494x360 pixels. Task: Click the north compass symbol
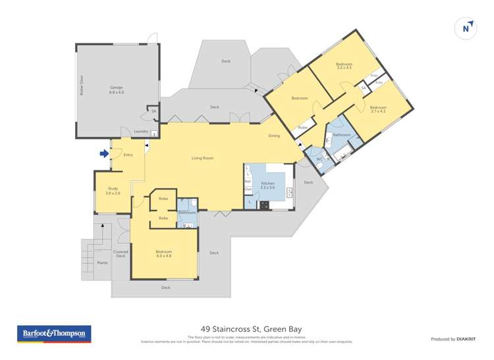click(466, 28)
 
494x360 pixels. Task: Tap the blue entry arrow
click(103, 154)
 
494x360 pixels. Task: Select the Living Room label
click(202, 158)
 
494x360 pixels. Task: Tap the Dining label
click(274, 136)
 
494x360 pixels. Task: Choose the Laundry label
click(141, 132)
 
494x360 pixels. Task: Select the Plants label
click(102, 263)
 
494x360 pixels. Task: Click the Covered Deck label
click(120, 253)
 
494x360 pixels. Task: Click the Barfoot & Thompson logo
click(54, 334)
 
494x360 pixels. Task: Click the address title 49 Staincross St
click(246, 329)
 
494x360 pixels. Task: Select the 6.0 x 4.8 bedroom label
click(163, 253)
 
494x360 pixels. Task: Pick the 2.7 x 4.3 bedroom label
click(377, 109)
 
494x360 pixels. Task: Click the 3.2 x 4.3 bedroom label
click(344, 66)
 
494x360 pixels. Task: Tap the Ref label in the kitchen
click(248, 181)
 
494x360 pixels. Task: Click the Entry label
click(128, 155)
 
